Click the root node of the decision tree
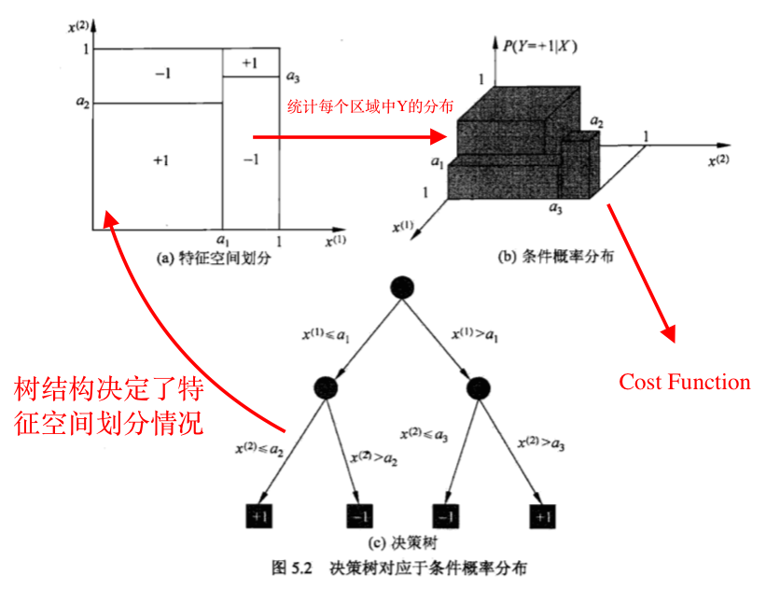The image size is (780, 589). click(x=402, y=287)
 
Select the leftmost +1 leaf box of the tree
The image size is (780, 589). click(x=259, y=516)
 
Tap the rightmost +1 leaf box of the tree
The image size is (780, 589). click(x=542, y=516)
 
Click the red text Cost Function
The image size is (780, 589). click(x=685, y=382)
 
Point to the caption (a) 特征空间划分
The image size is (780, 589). click(x=214, y=258)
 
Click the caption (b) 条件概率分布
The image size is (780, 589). click(x=556, y=256)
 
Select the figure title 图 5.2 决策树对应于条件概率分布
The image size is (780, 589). click(x=399, y=568)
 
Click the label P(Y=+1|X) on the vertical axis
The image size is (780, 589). click(x=539, y=47)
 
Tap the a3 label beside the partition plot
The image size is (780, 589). click(x=293, y=77)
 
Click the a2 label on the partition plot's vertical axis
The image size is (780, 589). click(x=83, y=102)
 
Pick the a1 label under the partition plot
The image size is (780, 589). click(x=223, y=241)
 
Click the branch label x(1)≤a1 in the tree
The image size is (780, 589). click(x=326, y=335)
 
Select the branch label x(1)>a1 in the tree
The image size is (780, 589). click(x=475, y=334)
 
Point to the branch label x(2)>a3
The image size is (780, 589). click(x=541, y=442)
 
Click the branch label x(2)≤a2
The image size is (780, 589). click(x=259, y=449)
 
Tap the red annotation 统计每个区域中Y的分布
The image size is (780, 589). click(x=370, y=106)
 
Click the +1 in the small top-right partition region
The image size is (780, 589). click(x=249, y=63)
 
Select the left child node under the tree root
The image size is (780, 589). click(x=326, y=387)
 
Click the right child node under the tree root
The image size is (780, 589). click(x=479, y=388)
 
